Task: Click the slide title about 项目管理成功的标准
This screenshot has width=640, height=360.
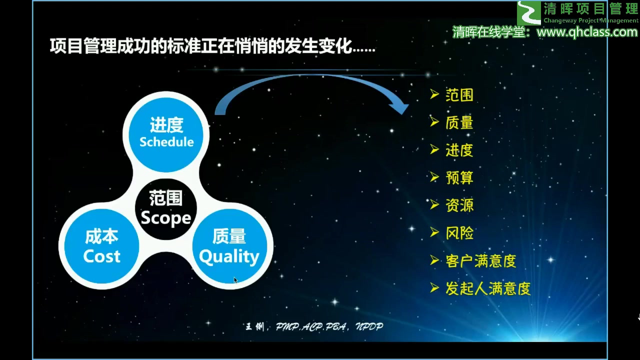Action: (x=212, y=47)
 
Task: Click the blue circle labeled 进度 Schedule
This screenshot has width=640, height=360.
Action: (x=166, y=132)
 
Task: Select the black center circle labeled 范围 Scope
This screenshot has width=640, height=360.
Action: (x=165, y=208)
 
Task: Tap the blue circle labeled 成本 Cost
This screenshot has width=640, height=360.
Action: (x=102, y=246)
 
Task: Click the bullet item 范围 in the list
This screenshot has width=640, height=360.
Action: (x=459, y=95)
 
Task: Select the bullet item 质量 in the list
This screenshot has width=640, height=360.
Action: (x=459, y=123)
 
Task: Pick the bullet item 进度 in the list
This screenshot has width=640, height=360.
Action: (x=459, y=150)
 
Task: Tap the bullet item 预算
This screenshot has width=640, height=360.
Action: (x=459, y=178)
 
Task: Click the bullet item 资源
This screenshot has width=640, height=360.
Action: (x=459, y=205)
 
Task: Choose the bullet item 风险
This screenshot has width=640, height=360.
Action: (x=459, y=233)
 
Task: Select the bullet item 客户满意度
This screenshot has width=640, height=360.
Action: (x=480, y=261)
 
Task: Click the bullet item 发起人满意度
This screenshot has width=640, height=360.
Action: (x=487, y=288)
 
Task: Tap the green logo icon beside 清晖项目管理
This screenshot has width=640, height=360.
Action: (x=528, y=12)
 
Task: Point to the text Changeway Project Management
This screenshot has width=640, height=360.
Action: (x=590, y=20)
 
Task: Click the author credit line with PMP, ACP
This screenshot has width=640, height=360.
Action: (x=314, y=326)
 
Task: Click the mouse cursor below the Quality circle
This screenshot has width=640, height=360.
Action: (x=235, y=280)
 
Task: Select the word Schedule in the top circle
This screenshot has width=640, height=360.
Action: (x=166, y=142)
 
